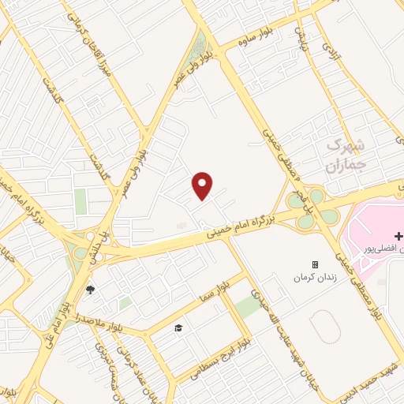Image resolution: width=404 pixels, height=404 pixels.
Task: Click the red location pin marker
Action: [x=203, y=185]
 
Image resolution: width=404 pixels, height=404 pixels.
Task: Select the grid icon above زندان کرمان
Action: [x=315, y=264]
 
